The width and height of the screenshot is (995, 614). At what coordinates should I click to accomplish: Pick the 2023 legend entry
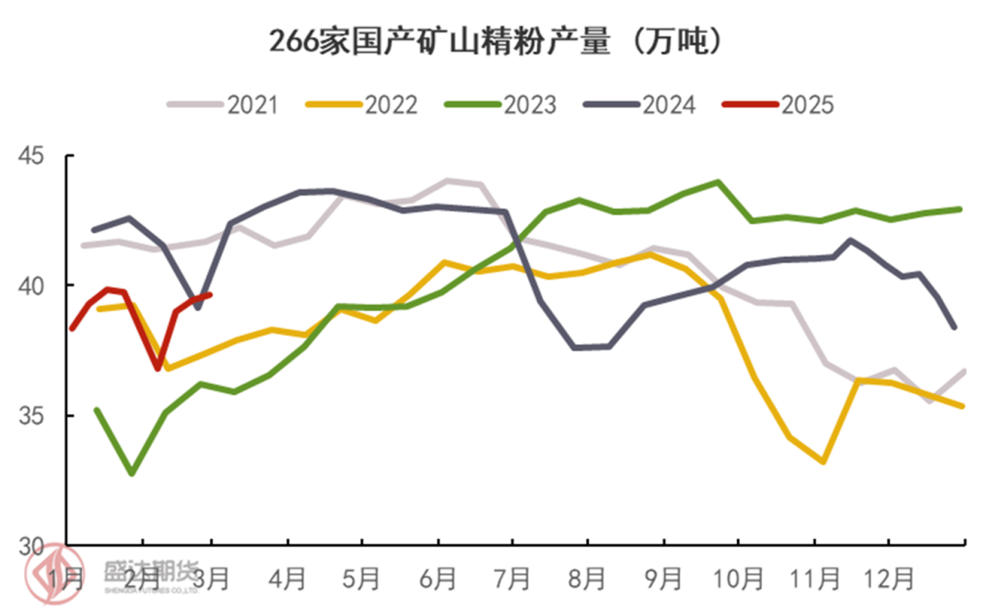[x=501, y=104]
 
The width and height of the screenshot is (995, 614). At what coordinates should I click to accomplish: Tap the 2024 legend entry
[x=640, y=104]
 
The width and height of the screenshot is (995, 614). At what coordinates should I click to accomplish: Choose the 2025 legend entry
[x=779, y=104]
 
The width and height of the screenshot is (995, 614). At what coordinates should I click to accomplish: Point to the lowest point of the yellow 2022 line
[x=822, y=461]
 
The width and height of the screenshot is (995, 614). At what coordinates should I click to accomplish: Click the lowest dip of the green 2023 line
[x=133, y=473]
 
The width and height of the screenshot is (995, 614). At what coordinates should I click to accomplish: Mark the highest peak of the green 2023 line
[x=718, y=182]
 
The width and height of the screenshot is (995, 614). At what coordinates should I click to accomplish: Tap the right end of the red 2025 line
[x=211, y=295]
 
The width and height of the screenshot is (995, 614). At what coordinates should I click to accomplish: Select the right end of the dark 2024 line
[x=954, y=327]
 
